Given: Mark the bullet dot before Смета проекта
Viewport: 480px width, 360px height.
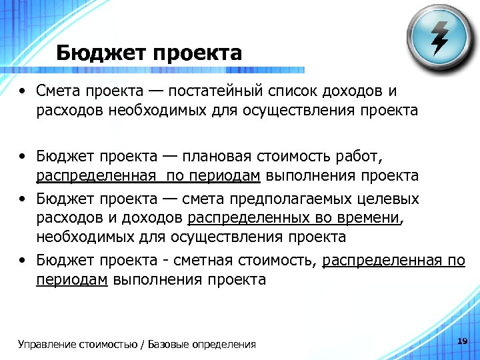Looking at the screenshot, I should pos(23,91).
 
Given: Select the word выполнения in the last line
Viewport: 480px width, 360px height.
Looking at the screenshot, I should pos(146,279).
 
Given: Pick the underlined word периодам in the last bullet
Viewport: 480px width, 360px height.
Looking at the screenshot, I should pos(72,279).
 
